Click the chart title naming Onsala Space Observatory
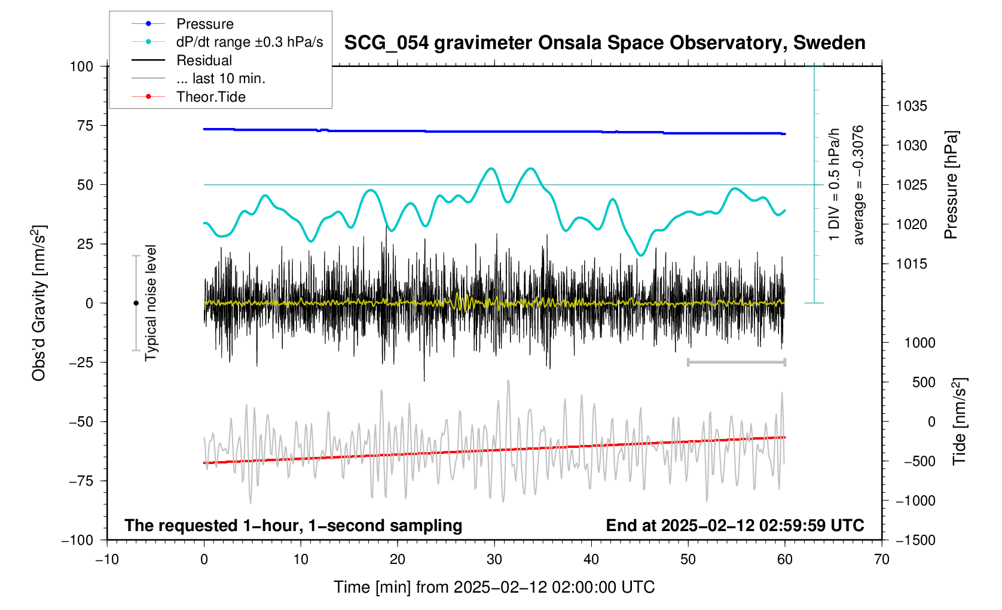click(604, 43)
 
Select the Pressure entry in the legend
click(204, 24)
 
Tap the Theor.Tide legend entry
click(210, 97)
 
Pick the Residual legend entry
click(204, 60)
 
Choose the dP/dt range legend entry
click(249, 42)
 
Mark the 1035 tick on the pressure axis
click(911, 106)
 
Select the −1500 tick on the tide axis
click(915, 540)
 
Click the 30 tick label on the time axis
click(494, 560)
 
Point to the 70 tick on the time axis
click(881, 560)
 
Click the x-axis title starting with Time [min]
click(494, 587)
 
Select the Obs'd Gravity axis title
click(39, 303)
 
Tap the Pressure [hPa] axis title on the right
click(951, 185)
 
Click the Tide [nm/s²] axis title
click(959, 422)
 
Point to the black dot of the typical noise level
click(136, 303)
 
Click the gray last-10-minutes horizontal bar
click(736, 362)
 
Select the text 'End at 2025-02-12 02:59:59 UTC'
click(735, 526)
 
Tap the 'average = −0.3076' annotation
click(859, 185)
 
